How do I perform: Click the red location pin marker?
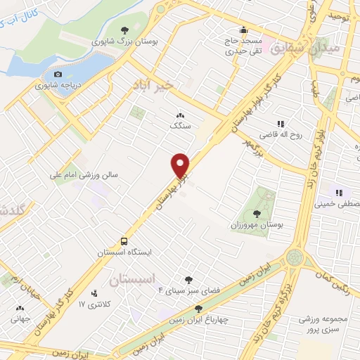(181, 165)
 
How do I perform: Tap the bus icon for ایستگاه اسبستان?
(123, 239)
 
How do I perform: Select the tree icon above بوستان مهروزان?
(257, 214)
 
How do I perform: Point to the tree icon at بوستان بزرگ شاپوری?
(124, 30)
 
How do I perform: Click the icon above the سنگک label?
(180, 116)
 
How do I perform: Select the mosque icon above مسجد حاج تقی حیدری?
(243, 30)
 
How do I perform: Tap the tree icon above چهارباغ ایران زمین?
(200, 309)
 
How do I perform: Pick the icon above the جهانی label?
(20, 307)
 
